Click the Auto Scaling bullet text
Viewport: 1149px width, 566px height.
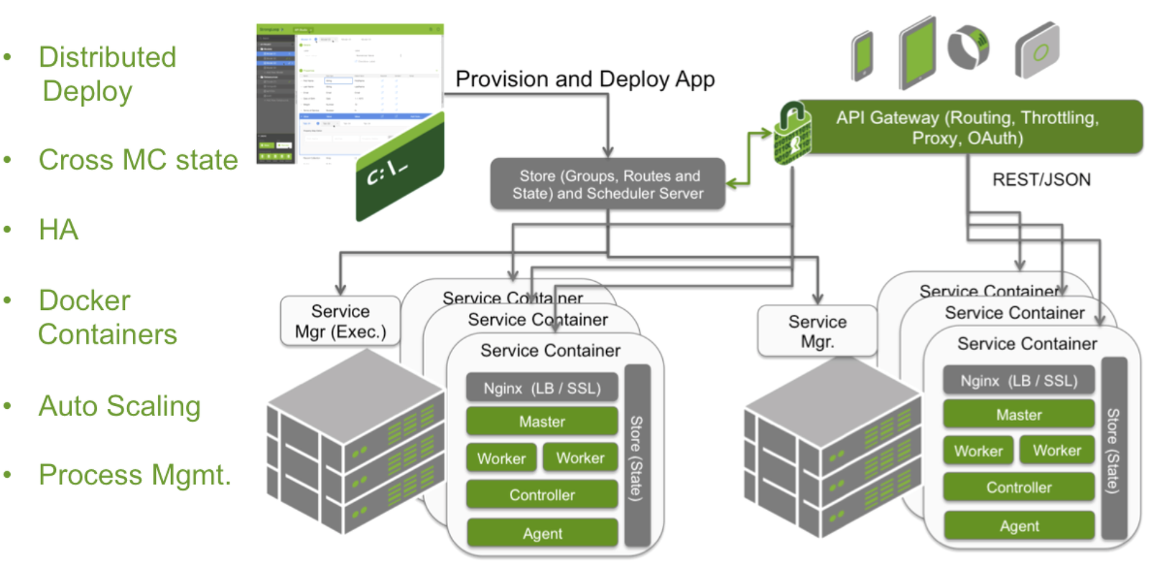tap(119, 406)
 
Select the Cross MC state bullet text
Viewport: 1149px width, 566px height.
tap(138, 160)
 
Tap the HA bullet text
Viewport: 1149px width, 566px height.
tap(58, 230)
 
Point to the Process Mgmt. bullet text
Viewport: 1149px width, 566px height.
tap(135, 475)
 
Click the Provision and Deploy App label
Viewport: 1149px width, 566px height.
tap(585, 79)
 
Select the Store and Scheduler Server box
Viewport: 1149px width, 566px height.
tap(608, 184)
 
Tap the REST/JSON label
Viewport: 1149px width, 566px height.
tap(1041, 179)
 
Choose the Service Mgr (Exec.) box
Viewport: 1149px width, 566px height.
tap(340, 321)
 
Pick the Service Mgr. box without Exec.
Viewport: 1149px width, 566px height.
tap(817, 331)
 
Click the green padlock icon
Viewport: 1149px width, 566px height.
tap(792, 133)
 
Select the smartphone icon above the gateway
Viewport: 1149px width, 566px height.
tap(862, 55)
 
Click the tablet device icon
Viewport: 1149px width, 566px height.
tap(918, 52)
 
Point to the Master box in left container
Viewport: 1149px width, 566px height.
tap(541, 422)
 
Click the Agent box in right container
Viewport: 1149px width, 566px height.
tap(1019, 526)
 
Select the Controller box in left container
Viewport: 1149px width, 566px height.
tap(541, 495)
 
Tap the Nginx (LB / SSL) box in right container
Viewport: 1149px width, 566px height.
tap(1018, 381)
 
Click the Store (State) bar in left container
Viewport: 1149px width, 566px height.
tap(637, 456)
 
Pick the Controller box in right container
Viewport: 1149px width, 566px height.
tap(1018, 488)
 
